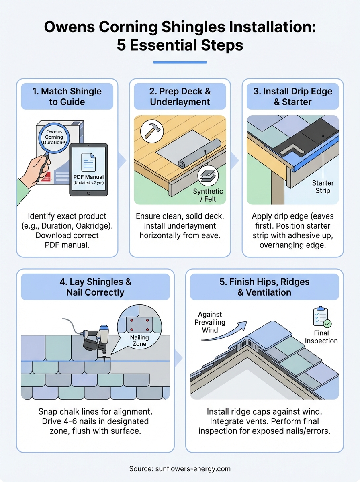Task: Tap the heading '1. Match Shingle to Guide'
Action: (x=67, y=96)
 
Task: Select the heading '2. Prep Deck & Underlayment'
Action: (x=180, y=96)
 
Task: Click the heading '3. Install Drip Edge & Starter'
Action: (x=292, y=96)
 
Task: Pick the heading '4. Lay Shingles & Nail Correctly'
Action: (x=95, y=287)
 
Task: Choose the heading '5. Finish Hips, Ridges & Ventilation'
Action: (x=264, y=287)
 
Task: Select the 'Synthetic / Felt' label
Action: (x=208, y=195)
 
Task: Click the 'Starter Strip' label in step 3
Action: (x=323, y=187)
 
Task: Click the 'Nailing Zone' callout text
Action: (x=139, y=341)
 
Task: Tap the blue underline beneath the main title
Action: (x=180, y=62)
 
